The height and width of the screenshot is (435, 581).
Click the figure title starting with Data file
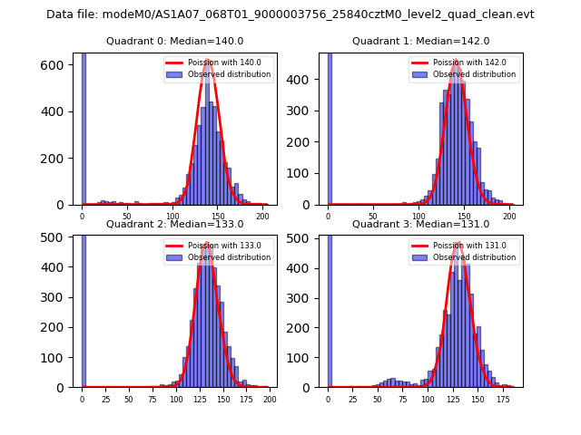click(x=290, y=14)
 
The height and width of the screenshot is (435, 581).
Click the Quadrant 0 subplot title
click(x=175, y=41)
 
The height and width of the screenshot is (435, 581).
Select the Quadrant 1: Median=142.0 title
click(x=421, y=41)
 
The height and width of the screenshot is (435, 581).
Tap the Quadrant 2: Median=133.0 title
click(x=175, y=224)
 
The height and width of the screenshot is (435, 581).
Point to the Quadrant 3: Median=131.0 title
click(x=421, y=224)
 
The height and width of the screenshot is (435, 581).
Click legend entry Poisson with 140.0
click(x=222, y=63)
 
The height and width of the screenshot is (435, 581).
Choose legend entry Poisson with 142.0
click(x=468, y=63)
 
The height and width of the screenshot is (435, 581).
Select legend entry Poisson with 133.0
click(x=222, y=246)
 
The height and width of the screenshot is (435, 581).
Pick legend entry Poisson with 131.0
click(x=468, y=246)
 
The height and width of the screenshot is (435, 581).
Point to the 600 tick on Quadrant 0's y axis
click(x=58, y=65)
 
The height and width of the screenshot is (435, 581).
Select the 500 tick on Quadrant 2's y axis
click(x=58, y=238)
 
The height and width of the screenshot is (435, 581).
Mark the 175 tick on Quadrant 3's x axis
click(x=502, y=398)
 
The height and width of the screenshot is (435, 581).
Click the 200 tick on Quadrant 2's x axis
click(x=269, y=398)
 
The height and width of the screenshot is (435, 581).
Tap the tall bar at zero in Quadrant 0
click(x=84, y=127)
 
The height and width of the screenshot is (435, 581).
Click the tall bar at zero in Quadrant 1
click(x=330, y=127)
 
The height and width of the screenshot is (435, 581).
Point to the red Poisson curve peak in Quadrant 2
click(x=207, y=243)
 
